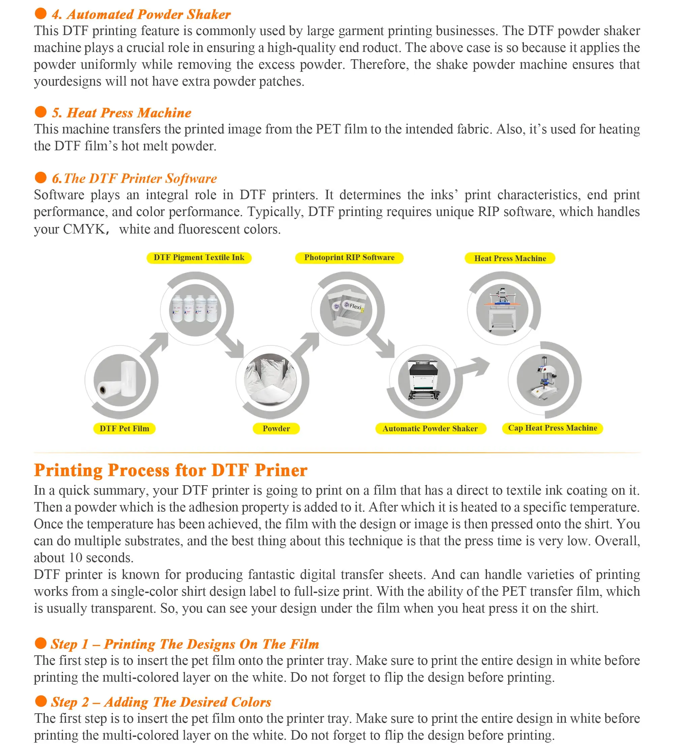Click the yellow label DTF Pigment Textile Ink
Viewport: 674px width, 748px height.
[x=199, y=258]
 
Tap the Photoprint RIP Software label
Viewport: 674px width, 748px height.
[x=349, y=258]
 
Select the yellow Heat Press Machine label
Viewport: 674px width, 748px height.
[x=510, y=258]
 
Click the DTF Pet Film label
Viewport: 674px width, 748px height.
[x=124, y=429]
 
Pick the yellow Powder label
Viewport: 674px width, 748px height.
[x=276, y=429]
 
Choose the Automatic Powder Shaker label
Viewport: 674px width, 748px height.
[x=430, y=429]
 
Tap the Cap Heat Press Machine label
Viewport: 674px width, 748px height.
[x=552, y=428]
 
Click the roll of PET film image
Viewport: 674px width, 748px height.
[x=119, y=380]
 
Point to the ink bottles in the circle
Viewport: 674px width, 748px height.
[x=195, y=309]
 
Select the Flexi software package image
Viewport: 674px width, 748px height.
[x=346, y=309]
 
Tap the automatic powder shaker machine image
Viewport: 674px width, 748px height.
[x=424, y=380]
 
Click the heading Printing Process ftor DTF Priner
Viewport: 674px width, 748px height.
[x=170, y=470]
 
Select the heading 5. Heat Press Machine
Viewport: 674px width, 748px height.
[x=121, y=113]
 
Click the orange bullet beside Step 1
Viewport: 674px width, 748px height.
[x=40, y=643]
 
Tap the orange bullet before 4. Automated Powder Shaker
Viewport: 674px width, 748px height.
[x=40, y=14]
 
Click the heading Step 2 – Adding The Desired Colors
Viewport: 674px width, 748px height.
[x=161, y=702]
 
